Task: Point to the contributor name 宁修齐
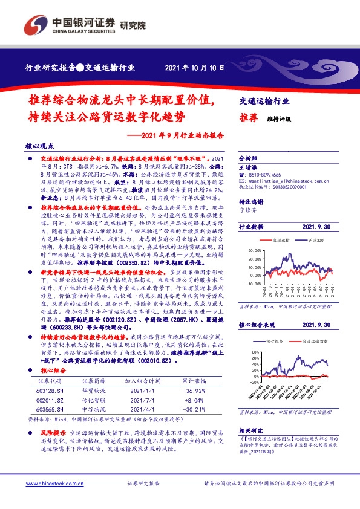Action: tap(248, 211)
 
